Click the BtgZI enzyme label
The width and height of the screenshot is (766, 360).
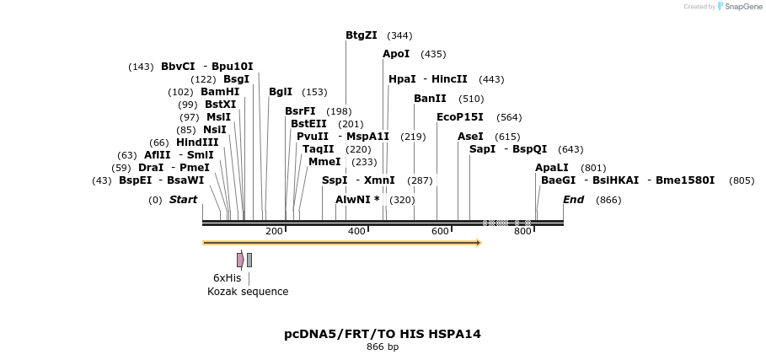point(362,35)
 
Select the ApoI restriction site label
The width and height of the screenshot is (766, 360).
point(396,54)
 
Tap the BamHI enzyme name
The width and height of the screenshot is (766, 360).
point(220,92)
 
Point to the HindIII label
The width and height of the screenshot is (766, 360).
point(197,142)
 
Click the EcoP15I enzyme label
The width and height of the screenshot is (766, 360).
point(460,117)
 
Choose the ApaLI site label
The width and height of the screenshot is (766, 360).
point(552,168)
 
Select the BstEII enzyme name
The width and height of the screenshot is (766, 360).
point(309,124)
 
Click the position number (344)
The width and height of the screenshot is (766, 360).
point(399,35)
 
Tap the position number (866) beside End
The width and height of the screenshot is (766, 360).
point(608,200)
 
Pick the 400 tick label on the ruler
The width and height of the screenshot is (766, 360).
point(356,231)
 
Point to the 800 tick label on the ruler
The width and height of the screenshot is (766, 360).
point(522,231)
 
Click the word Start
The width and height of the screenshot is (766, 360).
point(183,200)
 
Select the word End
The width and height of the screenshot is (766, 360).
point(573,200)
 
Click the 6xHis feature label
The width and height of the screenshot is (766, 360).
point(227,277)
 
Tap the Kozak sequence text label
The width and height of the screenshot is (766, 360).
point(248,292)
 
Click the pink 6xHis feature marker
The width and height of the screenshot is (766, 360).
point(240,260)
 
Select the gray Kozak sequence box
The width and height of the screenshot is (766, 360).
point(249,260)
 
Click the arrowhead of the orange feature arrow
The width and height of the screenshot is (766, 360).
point(479,243)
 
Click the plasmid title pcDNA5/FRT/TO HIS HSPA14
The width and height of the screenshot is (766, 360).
point(383,334)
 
